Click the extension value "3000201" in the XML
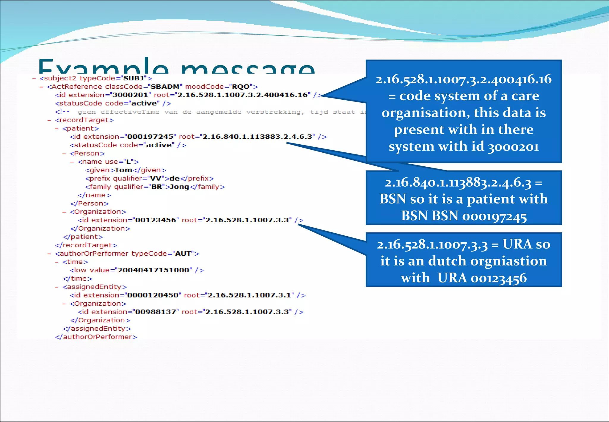(x=130, y=95)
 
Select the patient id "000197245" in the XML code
(x=150, y=137)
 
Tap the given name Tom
(x=123, y=170)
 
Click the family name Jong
(x=179, y=187)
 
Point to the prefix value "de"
(x=174, y=178)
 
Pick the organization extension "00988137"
(x=156, y=312)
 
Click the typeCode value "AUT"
(x=183, y=253)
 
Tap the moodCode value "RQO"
(x=241, y=87)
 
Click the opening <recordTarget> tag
(x=84, y=120)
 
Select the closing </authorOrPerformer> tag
(x=96, y=337)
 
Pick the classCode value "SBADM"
(x=165, y=87)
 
